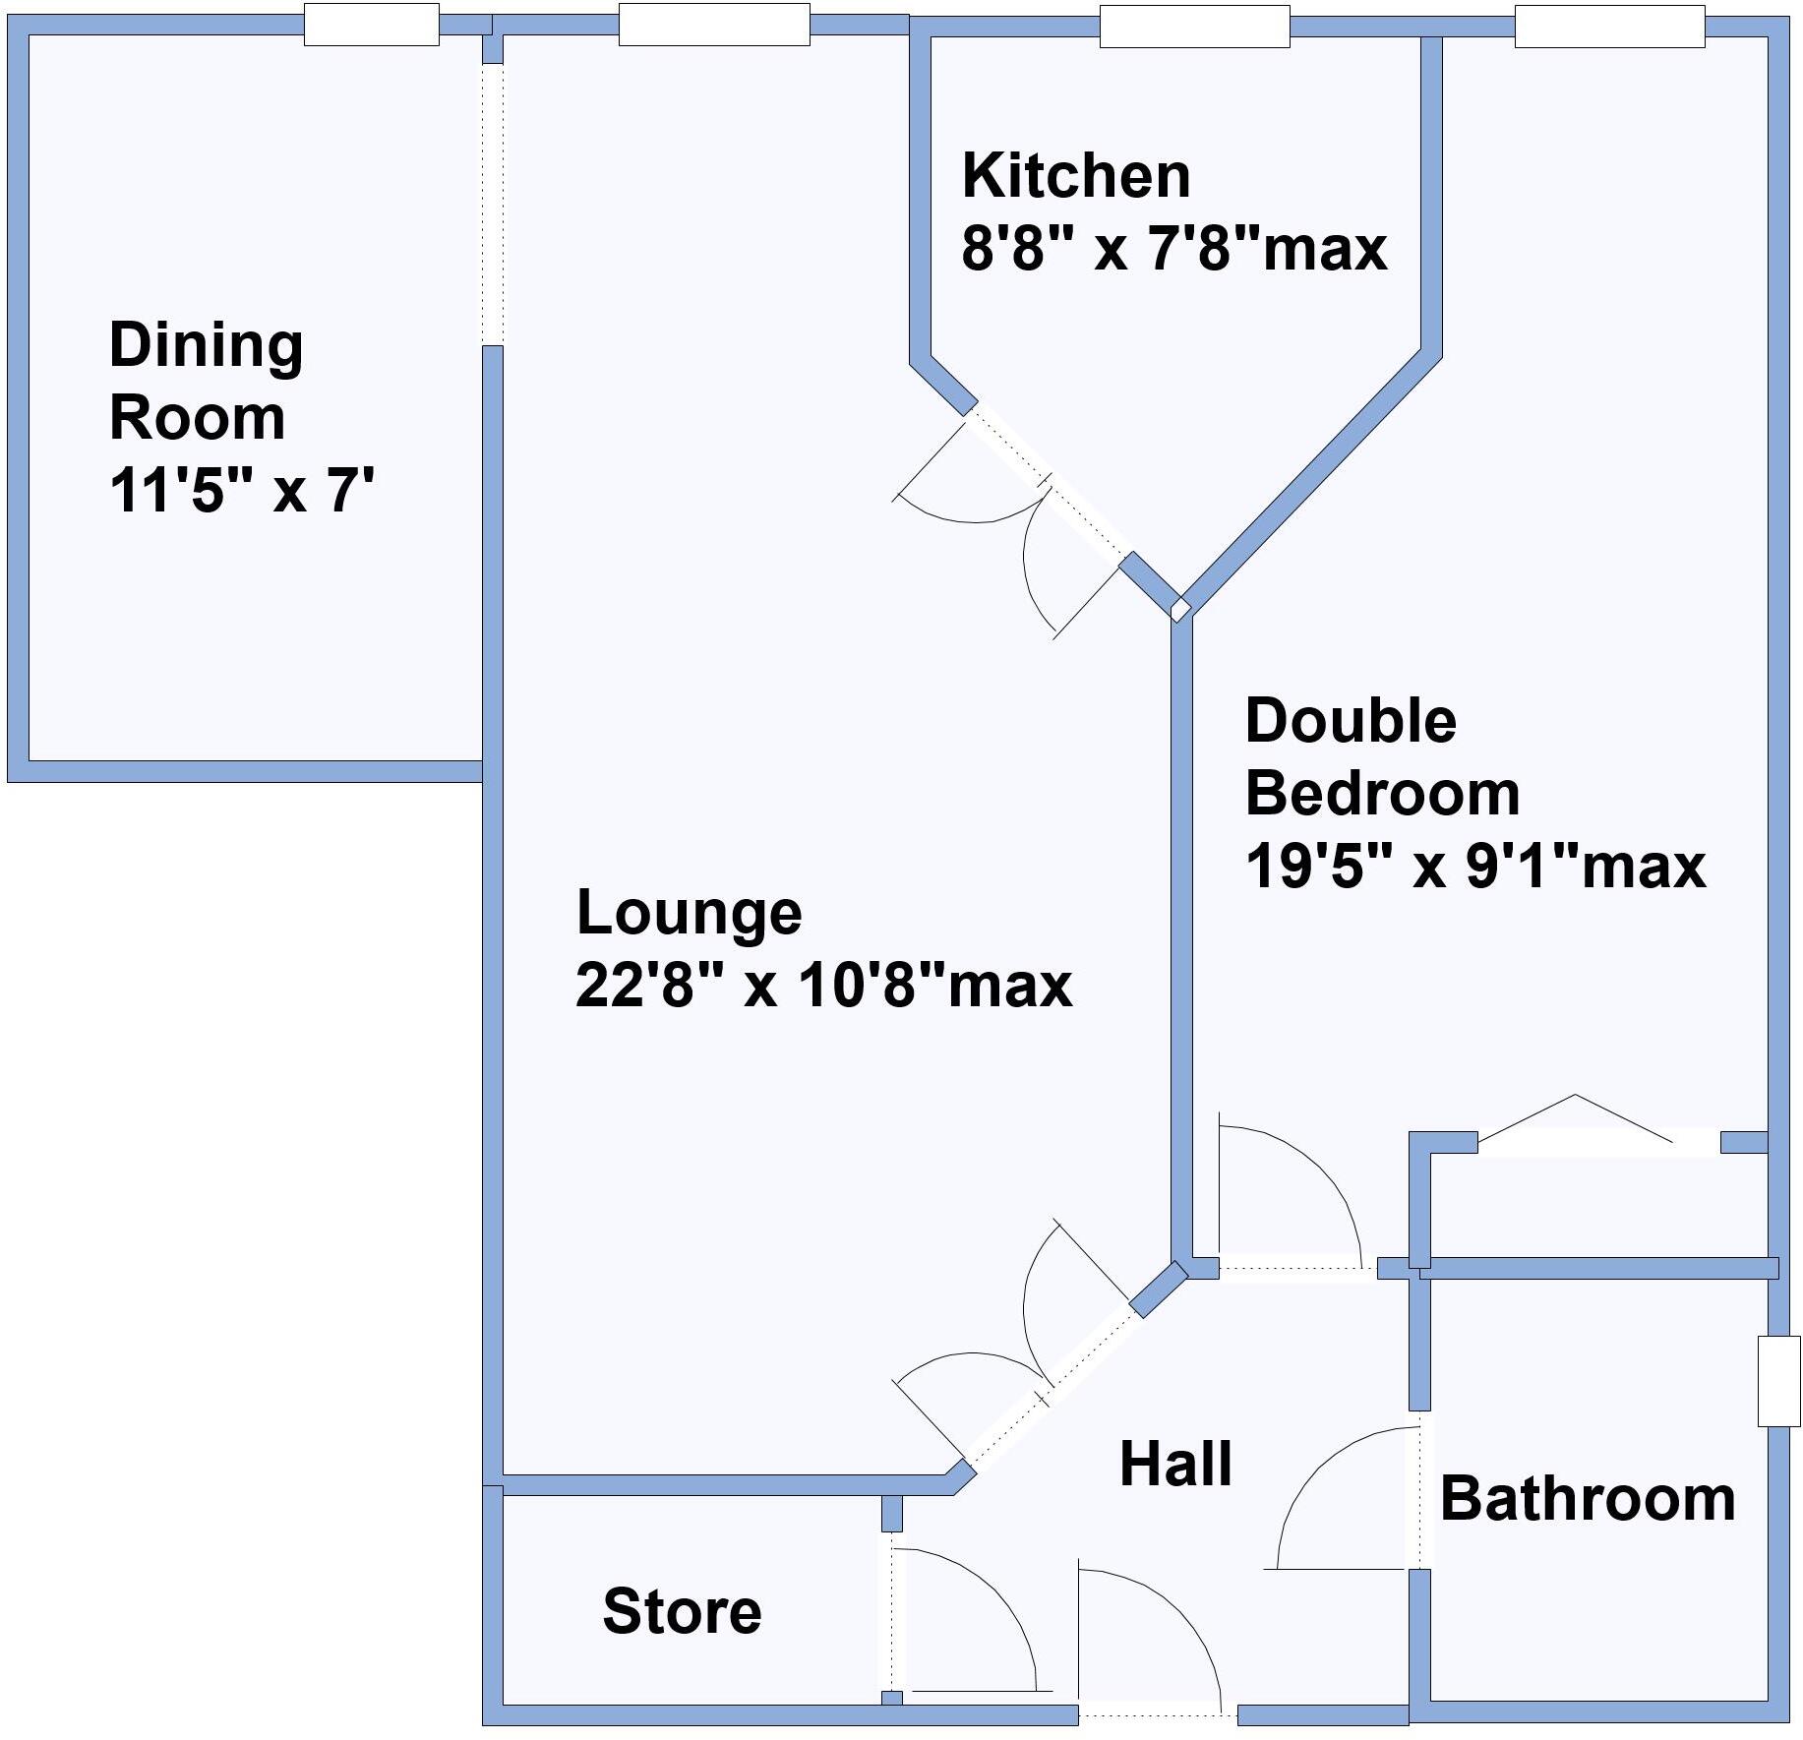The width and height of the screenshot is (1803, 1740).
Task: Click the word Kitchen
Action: point(1076,176)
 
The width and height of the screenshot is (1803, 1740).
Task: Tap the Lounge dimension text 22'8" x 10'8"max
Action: point(823,985)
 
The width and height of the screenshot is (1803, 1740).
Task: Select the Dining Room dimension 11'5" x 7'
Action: point(241,490)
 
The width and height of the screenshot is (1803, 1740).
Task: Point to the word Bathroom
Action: point(1587,1499)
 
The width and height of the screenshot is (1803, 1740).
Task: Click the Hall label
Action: point(1175,1464)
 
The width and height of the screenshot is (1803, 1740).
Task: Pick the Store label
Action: point(682,1611)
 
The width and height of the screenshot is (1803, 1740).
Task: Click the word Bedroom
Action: point(1382,793)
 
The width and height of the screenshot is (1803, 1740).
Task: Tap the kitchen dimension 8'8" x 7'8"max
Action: point(1173,249)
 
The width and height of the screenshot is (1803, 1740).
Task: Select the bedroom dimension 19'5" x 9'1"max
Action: point(1474,867)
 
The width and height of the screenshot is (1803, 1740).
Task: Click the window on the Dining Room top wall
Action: point(371,25)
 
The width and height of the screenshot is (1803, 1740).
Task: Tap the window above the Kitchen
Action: point(1193,27)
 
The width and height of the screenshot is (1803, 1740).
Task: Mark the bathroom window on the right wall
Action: point(1778,1380)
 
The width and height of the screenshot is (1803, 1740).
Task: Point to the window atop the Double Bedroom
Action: point(1608,27)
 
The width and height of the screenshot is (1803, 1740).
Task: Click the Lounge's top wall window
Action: point(713,25)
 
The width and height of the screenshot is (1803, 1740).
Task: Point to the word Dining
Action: point(206,346)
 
